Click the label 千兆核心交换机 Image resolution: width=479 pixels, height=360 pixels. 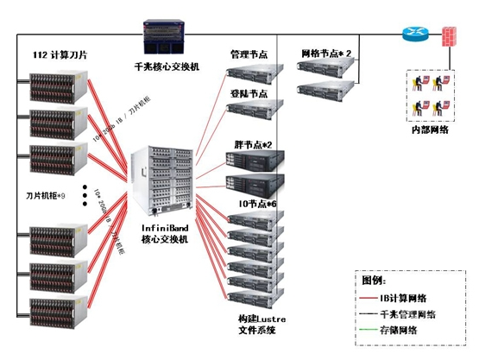(x=167, y=66)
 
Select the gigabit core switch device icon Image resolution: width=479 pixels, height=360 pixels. (x=168, y=39)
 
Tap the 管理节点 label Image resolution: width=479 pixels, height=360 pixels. (x=249, y=54)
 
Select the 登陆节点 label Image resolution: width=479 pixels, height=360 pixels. (x=249, y=92)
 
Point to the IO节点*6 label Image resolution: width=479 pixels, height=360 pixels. (x=255, y=203)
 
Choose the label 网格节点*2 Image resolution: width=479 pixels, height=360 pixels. (x=326, y=54)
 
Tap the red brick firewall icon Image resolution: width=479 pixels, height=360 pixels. (x=449, y=37)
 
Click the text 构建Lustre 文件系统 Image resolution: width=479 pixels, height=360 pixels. (x=262, y=325)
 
